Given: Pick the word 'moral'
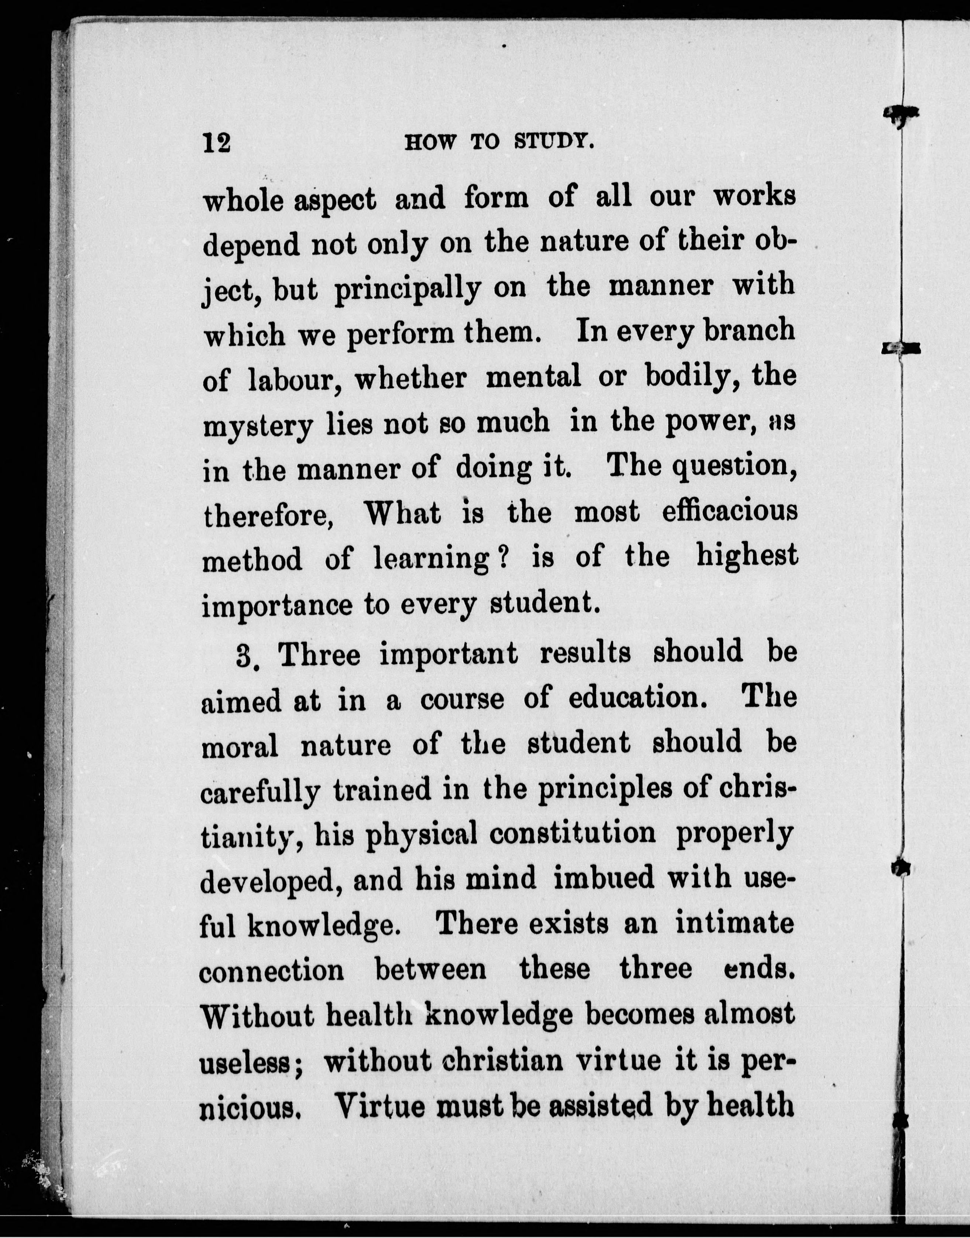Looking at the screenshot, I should pos(240,745).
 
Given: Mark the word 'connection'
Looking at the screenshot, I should pos(271,970).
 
